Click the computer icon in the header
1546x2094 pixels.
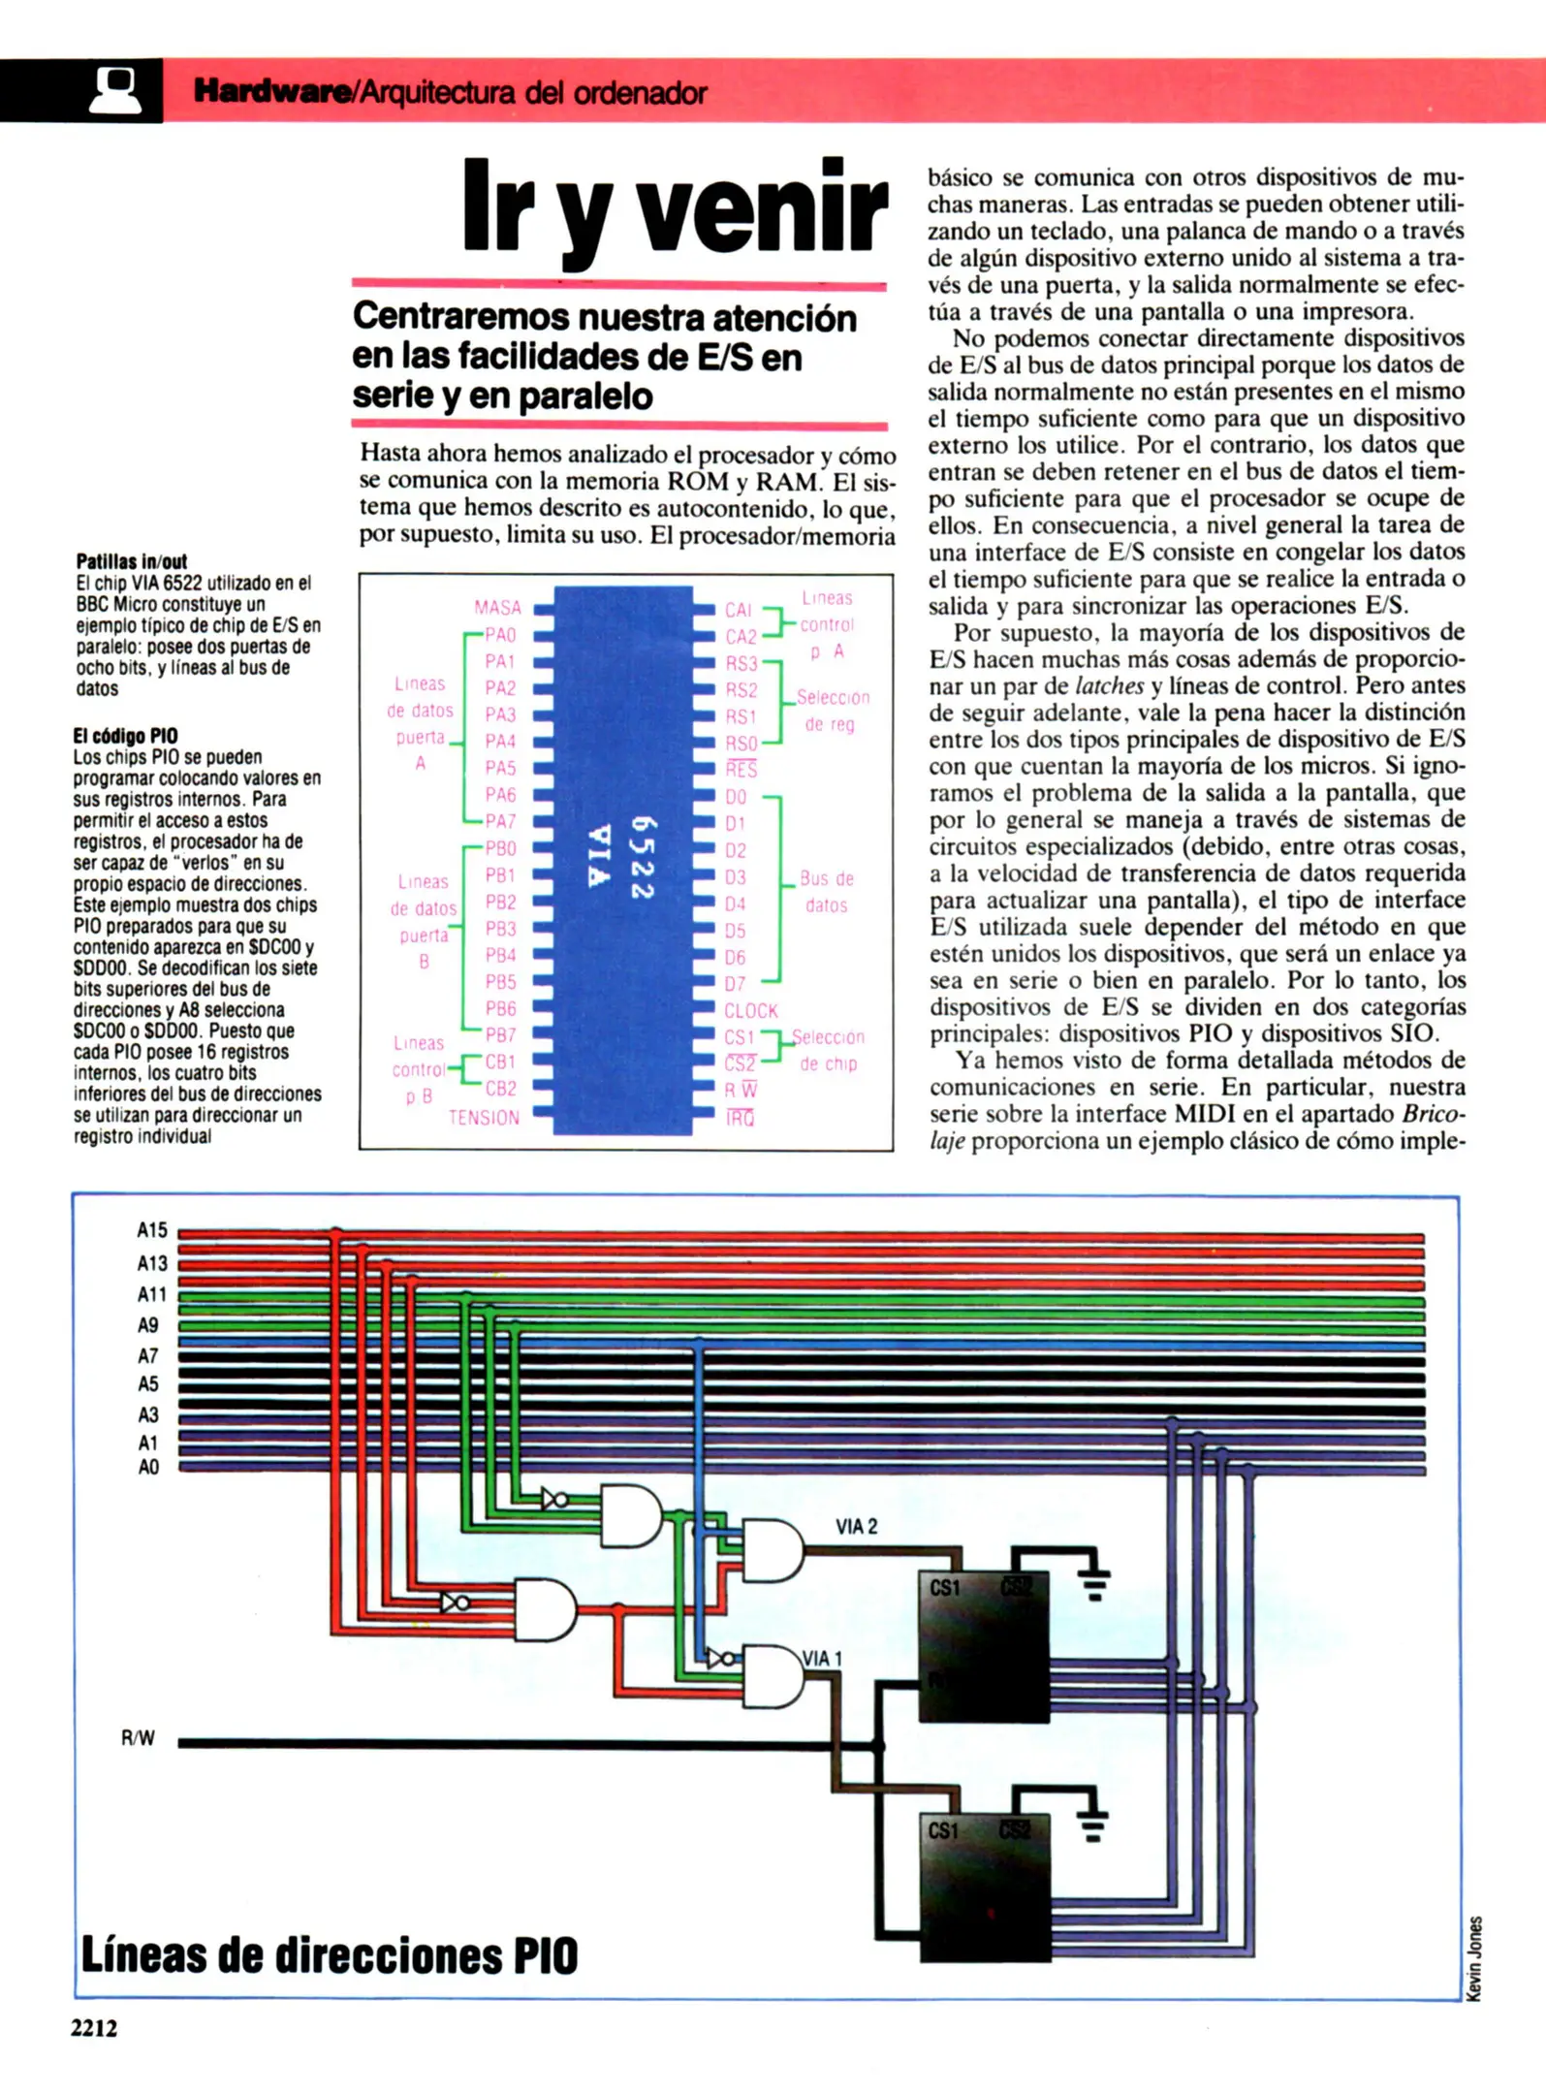(114, 91)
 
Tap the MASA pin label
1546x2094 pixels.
(497, 608)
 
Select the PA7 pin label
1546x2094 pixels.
(500, 821)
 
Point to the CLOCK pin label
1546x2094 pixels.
(751, 1010)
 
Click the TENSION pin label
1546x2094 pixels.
(484, 1118)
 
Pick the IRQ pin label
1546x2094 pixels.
(741, 1119)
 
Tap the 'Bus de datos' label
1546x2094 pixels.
(826, 892)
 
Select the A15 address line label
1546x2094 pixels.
(152, 1230)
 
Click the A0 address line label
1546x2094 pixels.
(148, 1467)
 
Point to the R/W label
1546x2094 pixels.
(138, 1738)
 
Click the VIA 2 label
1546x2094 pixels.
(856, 1526)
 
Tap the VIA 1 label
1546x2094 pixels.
(822, 1659)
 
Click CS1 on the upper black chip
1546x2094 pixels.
(944, 1588)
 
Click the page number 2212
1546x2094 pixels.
(94, 2028)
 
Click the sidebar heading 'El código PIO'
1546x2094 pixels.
(125, 736)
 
